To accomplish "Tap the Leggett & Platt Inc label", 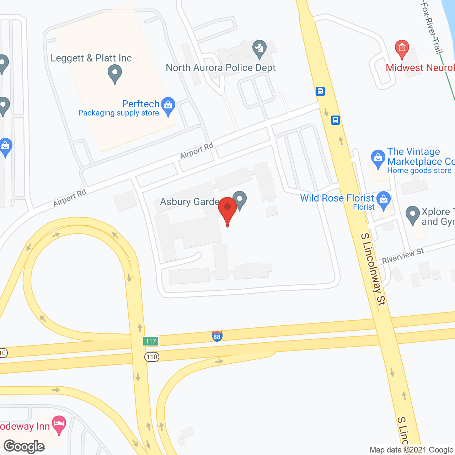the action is coord(91,58).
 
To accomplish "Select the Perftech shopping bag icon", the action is coord(168,106).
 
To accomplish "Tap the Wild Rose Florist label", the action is coord(337,198).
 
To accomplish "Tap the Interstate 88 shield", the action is coord(217,336).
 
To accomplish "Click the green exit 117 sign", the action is coord(151,341).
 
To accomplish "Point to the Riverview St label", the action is coord(403,256).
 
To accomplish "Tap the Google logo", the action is coord(24,446).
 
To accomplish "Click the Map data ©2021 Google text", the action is coord(411,450).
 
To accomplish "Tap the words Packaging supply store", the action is coord(118,113).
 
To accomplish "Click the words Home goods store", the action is coord(419,171).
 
